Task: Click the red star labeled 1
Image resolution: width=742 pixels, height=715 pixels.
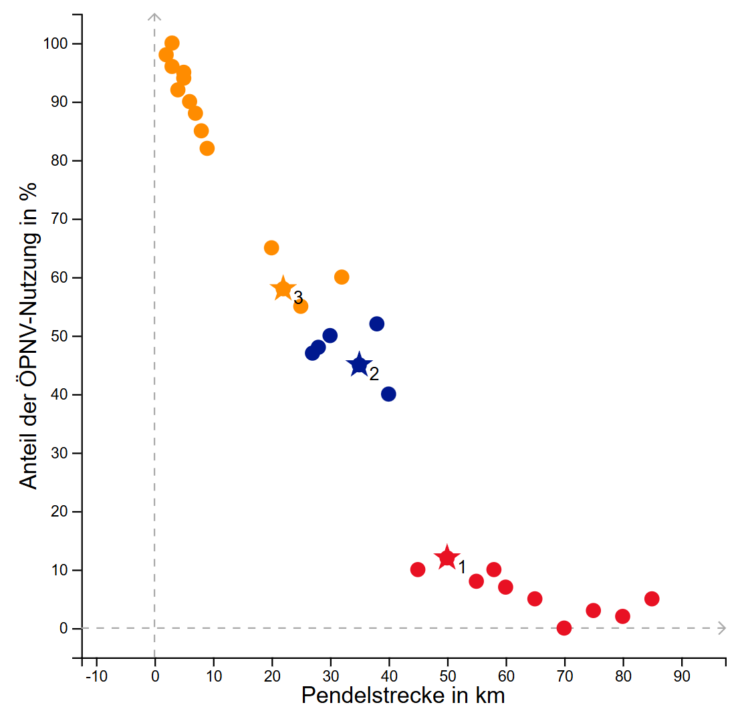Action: pos(447,557)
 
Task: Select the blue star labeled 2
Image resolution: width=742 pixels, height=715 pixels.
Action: pos(359,365)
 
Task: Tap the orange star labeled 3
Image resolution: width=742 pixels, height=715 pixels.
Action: pos(283,289)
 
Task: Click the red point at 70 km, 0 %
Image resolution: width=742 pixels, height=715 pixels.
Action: pos(564,628)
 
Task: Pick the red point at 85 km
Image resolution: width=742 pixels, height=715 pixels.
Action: pos(652,599)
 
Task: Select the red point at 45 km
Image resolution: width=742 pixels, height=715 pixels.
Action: pos(418,569)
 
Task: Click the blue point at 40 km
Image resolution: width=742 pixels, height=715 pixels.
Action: pos(388,394)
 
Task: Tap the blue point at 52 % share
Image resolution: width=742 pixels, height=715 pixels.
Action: pos(377,324)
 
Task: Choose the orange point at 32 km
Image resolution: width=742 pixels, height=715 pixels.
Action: pos(342,277)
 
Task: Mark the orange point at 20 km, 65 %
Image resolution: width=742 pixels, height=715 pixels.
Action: pos(271,248)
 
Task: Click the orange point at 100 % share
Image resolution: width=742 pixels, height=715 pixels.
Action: pos(172,43)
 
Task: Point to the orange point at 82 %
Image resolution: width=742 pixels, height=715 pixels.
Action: pos(207,148)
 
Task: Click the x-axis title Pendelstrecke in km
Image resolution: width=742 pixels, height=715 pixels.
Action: pos(403,696)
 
